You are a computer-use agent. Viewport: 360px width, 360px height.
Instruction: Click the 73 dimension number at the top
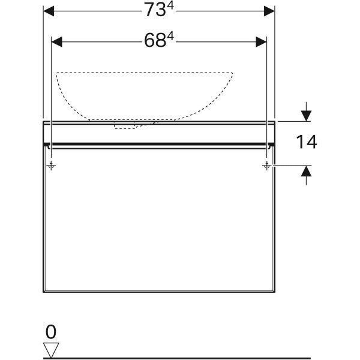pyautogui.click(x=155, y=10)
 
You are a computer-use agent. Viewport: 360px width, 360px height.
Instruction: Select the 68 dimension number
pyautogui.click(x=155, y=41)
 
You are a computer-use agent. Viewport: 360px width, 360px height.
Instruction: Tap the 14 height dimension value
pyautogui.click(x=307, y=142)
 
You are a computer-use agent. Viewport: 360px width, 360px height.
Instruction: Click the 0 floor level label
pyautogui.click(x=51, y=332)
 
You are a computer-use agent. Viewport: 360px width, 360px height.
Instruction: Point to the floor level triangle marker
pyautogui.click(x=51, y=350)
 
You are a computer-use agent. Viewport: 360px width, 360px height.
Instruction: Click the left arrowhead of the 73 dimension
pyautogui.click(x=49, y=11)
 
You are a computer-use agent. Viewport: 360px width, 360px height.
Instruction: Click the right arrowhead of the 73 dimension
pyautogui.click(x=269, y=11)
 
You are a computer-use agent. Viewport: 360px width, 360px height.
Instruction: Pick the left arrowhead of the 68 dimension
pyautogui.click(x=57, y=42)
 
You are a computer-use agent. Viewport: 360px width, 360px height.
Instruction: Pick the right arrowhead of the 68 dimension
pyautogui.click(x=261, y=42)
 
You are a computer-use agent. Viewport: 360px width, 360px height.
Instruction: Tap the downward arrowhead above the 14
pyautogui.click(x=306, y=116)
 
